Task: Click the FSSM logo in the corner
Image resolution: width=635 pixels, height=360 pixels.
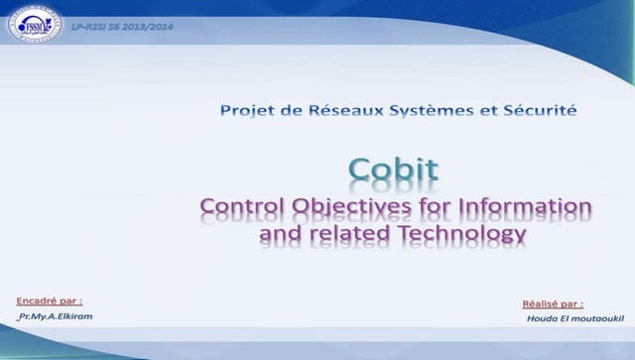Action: (35, 24)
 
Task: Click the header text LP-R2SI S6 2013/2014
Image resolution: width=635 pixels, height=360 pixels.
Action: (122, 25)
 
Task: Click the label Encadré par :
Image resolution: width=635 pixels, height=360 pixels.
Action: (50, 300)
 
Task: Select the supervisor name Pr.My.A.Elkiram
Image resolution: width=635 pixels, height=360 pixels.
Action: (62, 316)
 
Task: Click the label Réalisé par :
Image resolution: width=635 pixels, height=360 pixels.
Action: (553, 303)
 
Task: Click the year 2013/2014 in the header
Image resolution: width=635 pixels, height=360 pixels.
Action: (150, 25)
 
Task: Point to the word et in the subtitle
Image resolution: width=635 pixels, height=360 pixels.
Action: (480, 111)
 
